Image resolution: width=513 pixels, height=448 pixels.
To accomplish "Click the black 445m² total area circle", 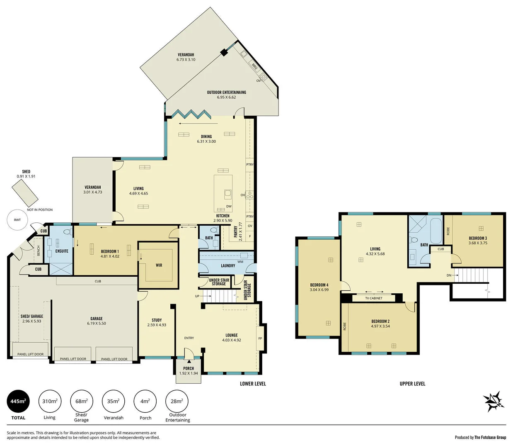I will click(x=18, y=401).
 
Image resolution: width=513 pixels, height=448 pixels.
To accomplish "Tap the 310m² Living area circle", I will click(x=50, y=401).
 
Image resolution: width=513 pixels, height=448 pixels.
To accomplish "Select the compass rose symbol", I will click(x=494, y=401).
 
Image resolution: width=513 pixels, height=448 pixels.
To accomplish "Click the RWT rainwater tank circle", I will click(x=17, y=220).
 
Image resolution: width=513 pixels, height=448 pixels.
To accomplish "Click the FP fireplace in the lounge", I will click(x=260, y=338).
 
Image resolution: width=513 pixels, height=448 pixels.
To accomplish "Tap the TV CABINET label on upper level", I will click(x=374, y=298).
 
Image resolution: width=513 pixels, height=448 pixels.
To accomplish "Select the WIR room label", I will click(x=159, y=265).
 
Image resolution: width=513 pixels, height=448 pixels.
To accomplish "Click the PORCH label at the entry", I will click(x=189, y=368).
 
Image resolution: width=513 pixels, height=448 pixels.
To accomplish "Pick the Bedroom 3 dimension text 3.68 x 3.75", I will click(x=478, y=243).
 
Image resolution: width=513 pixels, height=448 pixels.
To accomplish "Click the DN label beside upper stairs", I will click(x=449, y=275).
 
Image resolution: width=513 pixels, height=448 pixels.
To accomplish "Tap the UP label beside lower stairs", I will click(x=197, y=296).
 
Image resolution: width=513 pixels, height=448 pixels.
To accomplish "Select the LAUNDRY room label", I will click(x=228, y=265).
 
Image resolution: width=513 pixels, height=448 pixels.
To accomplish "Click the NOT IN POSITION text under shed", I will click(x=40, y=210).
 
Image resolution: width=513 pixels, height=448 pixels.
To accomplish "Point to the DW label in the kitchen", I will click(x=229, y=206).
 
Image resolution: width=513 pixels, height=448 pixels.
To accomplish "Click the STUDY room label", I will click(x=157, y=320).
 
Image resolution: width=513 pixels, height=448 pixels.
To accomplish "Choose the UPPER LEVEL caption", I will click(x=412, y=384).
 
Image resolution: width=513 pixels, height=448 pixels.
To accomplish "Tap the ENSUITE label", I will click(x=62, y=251).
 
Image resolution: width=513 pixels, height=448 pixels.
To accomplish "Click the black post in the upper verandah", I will click(x=224, y=52).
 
